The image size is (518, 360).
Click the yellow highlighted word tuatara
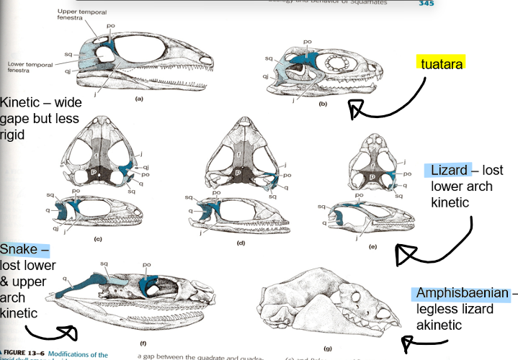click(x=441, y=64)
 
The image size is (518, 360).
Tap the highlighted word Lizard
click(x=451, y=171)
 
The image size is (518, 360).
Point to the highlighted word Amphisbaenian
click(x=462, y=294)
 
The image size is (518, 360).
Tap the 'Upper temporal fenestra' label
click(x=73, y=15)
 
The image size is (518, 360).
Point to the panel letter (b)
click(x=323, y=104)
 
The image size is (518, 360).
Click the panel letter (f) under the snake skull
click(x=143, y=344)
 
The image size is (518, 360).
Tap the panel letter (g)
click(x=328, y=348)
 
